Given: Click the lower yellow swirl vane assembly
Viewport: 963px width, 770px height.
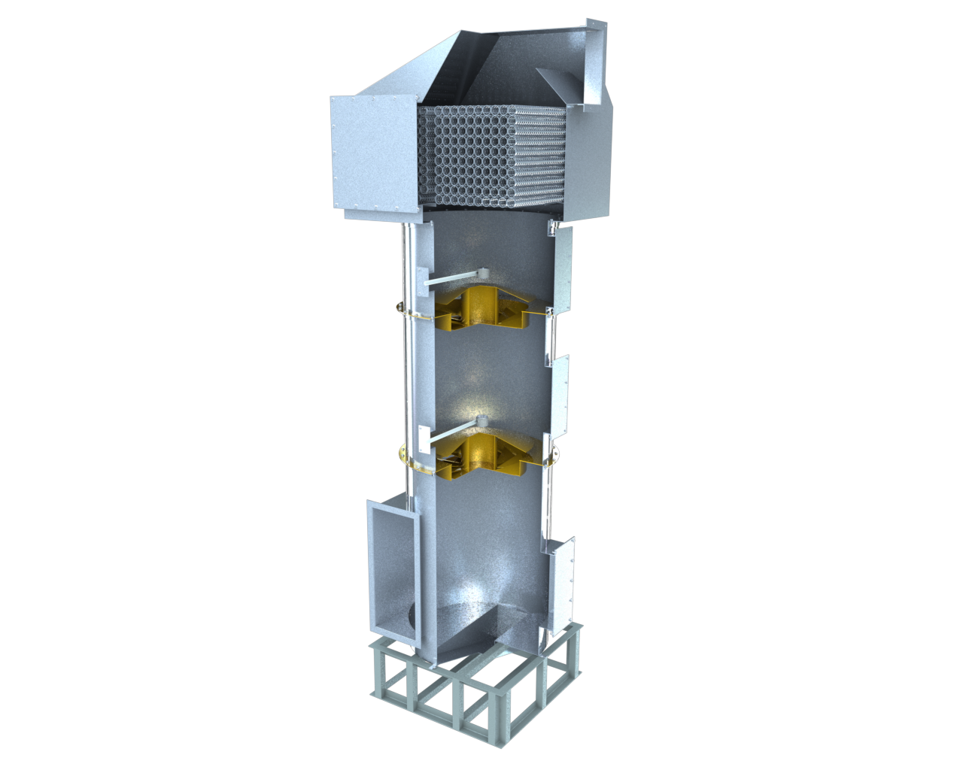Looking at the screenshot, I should click(481, 455).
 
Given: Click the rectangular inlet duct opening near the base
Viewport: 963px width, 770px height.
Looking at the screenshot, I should click(391, 571).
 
